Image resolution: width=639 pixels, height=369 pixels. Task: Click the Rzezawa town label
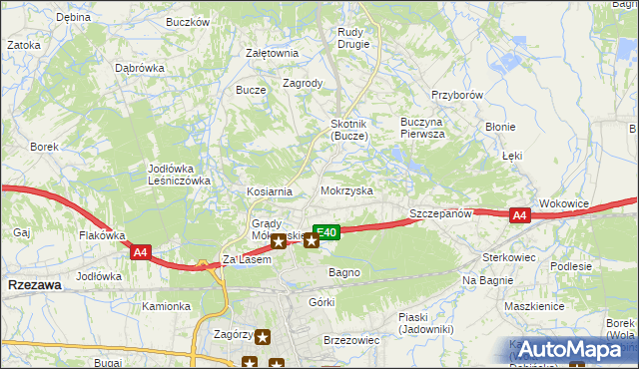(x=33, y=285)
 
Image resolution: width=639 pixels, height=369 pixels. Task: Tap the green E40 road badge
(x=329, y=231)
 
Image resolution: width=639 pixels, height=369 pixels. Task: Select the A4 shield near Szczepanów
(x=519, y=215)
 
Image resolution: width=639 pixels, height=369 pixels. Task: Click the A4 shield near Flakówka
(x=141, y=253)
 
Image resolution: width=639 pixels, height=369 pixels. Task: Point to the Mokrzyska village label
(x=347, y=189)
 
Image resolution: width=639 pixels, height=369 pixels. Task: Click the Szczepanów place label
(x=440, y=214)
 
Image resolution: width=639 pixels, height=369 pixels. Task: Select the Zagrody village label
(x=303, y=84)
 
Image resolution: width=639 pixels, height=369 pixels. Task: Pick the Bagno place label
(x=343, y=271)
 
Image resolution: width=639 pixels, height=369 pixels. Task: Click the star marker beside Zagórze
(x=263, y=337)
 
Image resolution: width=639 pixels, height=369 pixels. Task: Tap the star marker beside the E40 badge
(x=312, y=239)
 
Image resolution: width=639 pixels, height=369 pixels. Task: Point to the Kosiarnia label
(x=270, y=191)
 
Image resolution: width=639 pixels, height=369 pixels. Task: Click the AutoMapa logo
(x=569, y=348)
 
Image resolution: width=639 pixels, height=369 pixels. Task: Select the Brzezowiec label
(x=351, y=340)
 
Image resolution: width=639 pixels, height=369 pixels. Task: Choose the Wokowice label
(x=564, y=203)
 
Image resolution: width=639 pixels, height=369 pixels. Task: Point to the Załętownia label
(x=272, y=54)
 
